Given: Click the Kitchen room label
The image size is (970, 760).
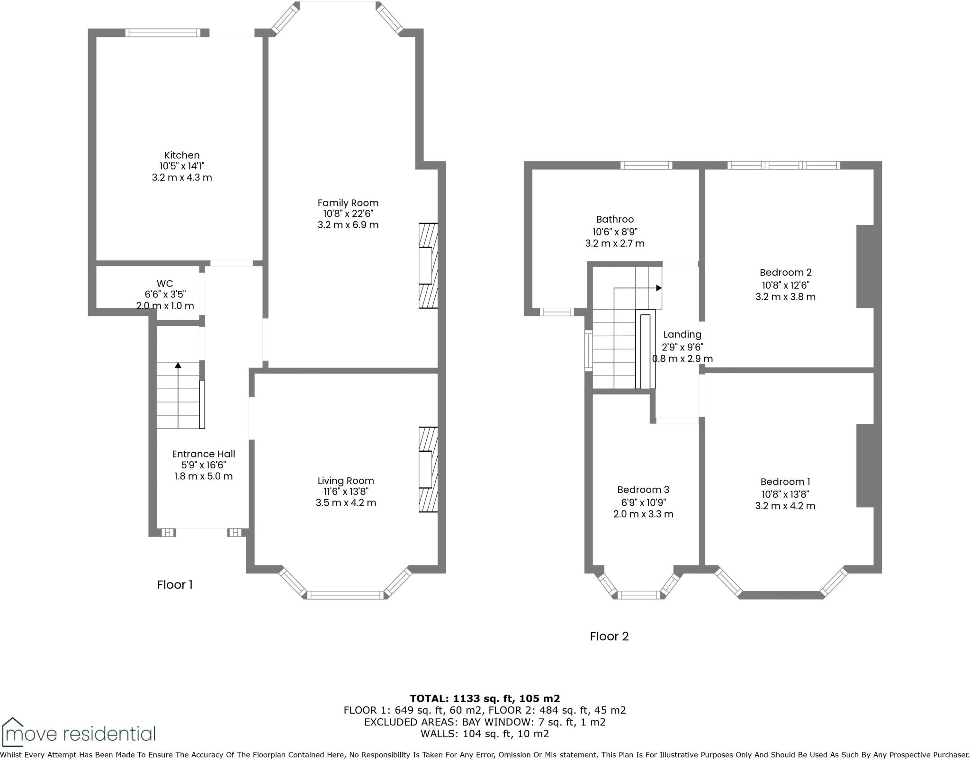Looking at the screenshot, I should point(182,155).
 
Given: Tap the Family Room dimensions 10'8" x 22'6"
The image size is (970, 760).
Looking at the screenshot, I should point(348,214).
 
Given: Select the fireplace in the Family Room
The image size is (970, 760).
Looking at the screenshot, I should point(428,266).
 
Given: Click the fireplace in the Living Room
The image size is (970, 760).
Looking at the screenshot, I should point(428,469).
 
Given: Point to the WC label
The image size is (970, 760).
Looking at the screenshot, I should point(165,284).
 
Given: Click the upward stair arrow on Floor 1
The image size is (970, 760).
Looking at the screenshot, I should point(178,366).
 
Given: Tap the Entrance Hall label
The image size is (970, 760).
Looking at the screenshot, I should point(203,454).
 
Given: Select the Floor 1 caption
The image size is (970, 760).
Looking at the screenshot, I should point(175,585).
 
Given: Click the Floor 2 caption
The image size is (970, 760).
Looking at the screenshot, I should point(609,636).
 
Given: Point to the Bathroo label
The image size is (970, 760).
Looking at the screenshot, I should point(615,219).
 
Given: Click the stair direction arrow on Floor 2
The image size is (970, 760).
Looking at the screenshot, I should point(658,288).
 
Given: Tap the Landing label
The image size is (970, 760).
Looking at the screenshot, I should point(682,334).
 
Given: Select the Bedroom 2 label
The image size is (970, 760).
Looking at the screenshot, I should point(785,272).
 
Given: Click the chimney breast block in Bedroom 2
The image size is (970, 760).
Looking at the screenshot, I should point(865,266).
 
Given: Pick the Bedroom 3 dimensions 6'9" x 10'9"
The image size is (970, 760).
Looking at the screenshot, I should point(643,502).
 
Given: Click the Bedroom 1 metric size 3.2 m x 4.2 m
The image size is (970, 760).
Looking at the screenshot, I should point(785,506).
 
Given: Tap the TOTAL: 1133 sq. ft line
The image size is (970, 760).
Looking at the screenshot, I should point(485,698).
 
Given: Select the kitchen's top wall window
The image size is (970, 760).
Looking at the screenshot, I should point(163,33).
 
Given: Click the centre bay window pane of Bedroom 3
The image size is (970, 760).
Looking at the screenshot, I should point(639,595).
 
